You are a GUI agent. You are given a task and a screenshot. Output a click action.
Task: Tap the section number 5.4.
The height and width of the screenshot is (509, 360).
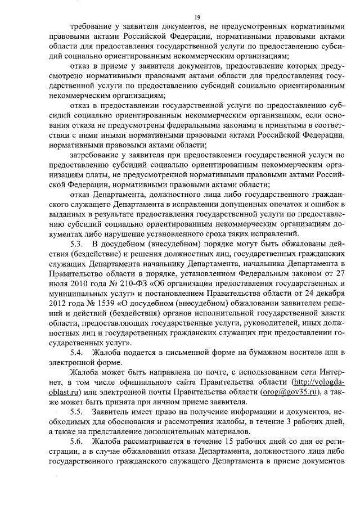pos(76,352)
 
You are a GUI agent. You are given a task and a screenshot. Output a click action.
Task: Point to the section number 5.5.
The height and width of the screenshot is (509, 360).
pos(76,412)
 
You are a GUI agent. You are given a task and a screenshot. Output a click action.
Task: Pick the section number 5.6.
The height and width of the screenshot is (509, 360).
pos(76,443)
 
